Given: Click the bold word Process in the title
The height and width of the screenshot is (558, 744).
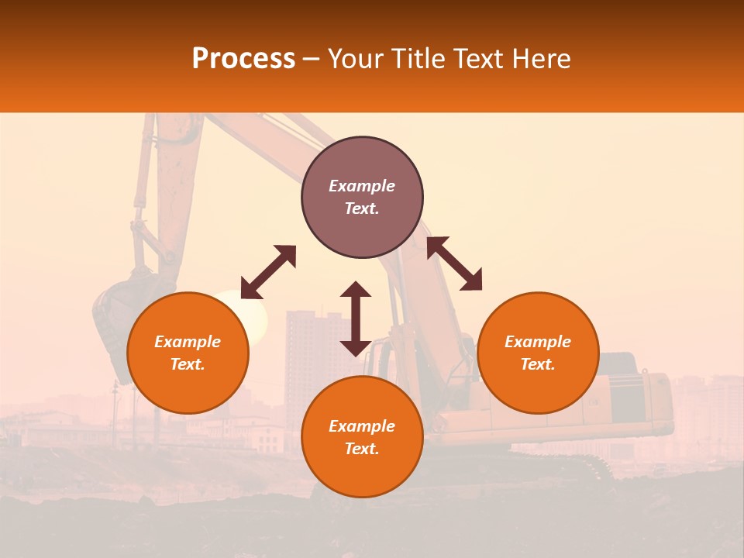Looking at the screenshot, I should point(243,59).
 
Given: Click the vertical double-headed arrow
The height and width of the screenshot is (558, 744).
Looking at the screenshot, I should point(356,319).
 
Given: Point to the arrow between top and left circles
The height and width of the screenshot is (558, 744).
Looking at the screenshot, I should point(268,272).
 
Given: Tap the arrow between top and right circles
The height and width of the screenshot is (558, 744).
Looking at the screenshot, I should point(454,263).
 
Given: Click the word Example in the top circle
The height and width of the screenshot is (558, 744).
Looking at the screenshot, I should point(362,186).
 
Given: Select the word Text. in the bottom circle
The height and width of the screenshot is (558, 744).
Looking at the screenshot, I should point(362,449).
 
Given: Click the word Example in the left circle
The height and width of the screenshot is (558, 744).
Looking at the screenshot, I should point(188,342).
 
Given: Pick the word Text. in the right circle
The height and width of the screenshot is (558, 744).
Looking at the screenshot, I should point(538,364).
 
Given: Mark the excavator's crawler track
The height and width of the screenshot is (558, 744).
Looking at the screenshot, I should point(573,465).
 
